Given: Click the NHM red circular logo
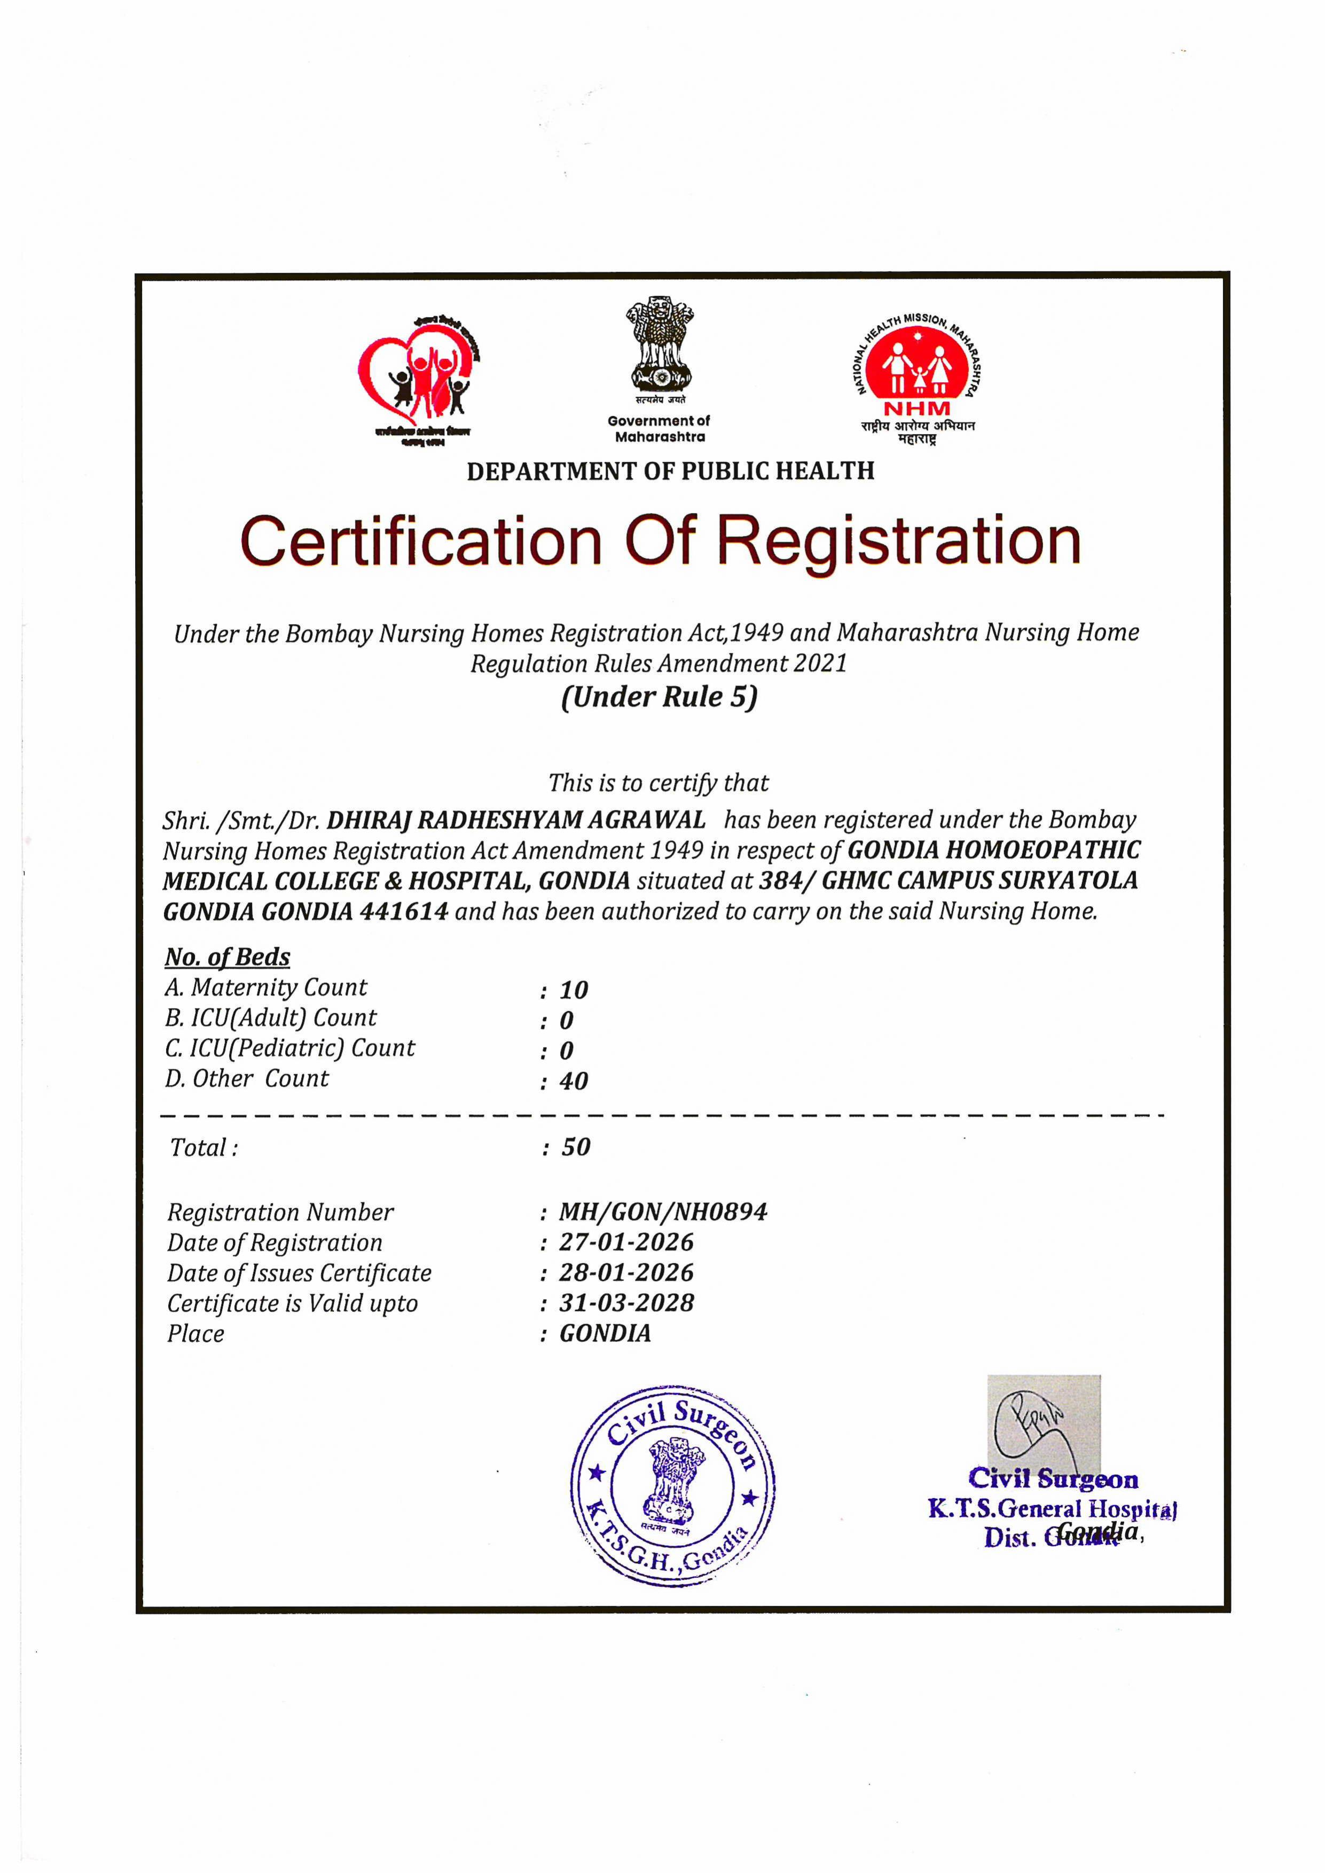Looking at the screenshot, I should [919, 365].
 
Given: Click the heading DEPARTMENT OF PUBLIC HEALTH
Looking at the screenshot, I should [670, 471].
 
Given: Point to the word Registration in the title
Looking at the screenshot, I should [901, 541].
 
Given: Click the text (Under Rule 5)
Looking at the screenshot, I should [659, 697].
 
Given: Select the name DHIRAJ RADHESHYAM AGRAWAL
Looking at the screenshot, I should [516, 820].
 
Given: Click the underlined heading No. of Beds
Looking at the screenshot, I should [227, 956].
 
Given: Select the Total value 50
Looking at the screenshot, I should [575, 1147].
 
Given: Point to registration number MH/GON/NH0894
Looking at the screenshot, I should [662, 1212].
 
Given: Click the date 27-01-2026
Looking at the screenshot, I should [626, 1242].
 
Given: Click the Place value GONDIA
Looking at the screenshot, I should [605, 1334].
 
